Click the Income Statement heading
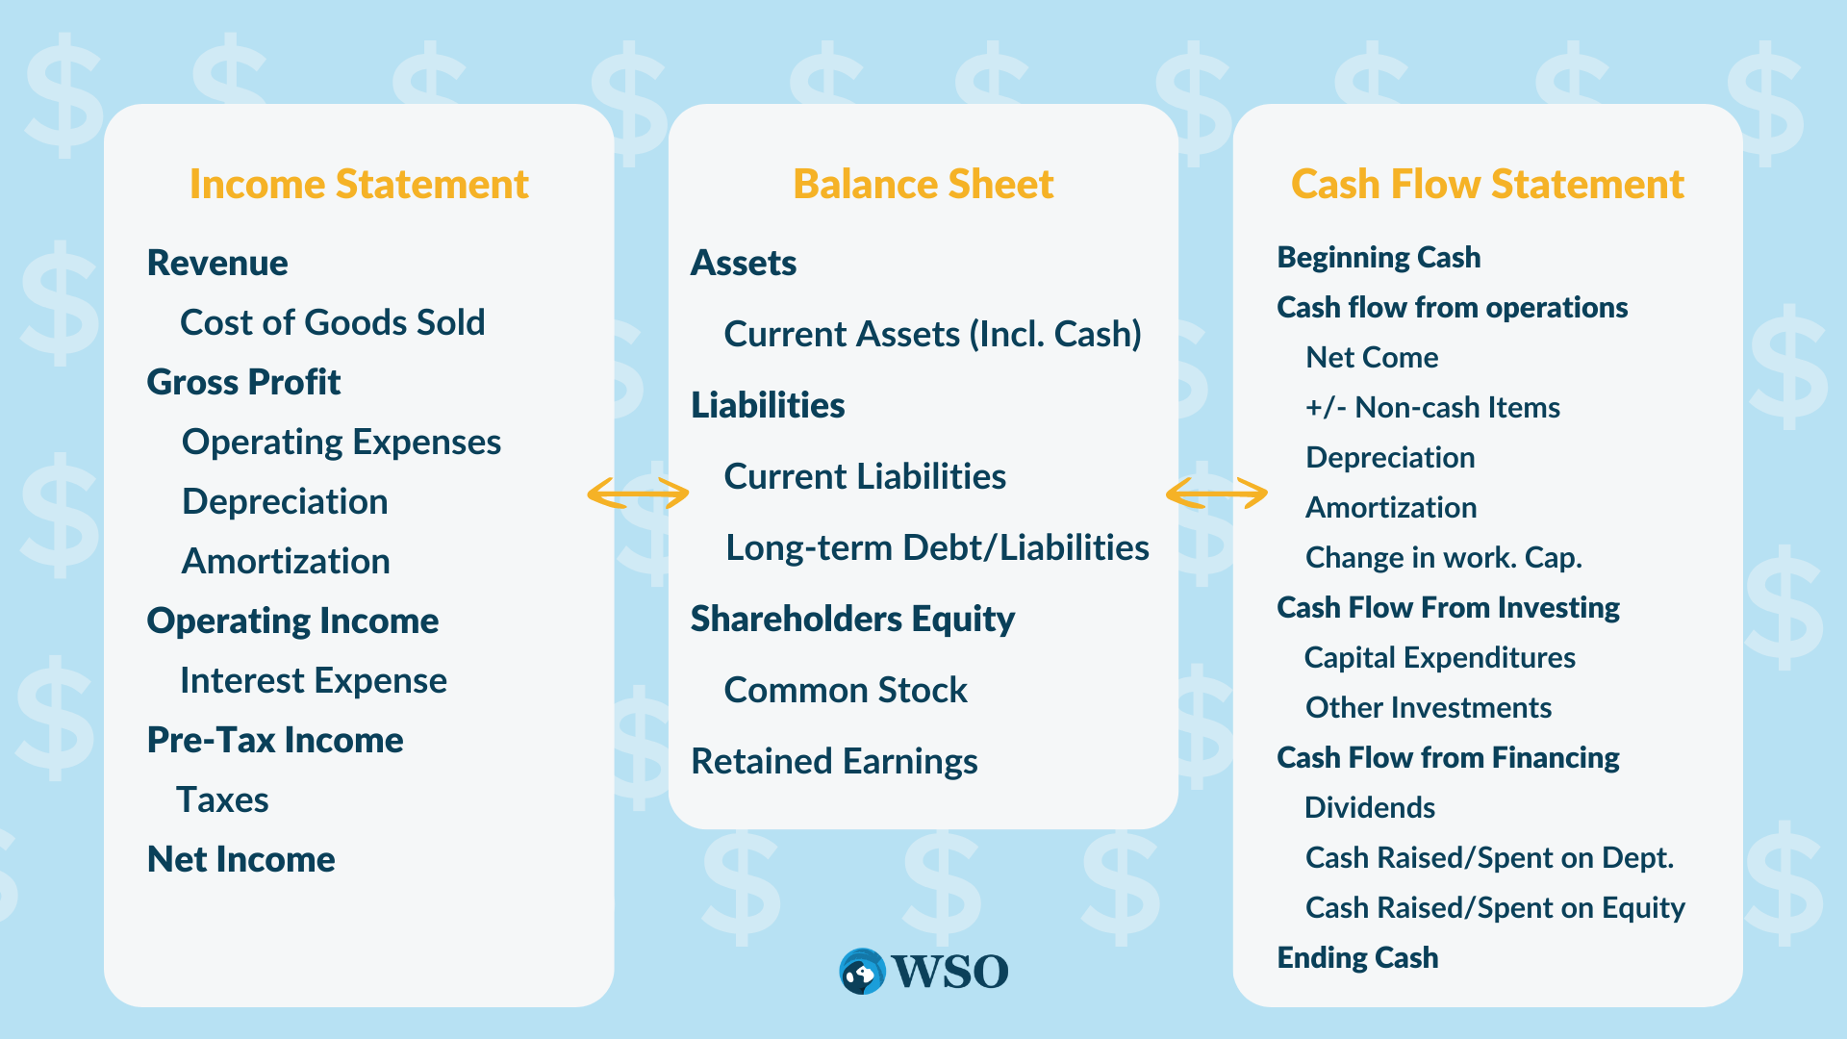tap(359, 184)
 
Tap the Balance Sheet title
tap(923, 184)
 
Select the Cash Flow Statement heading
tap(1487, 184)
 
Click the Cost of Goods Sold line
tap(332, 322)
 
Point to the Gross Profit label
tap(243, 382)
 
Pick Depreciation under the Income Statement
tap(285, 501)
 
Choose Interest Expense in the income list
tap(314, 680)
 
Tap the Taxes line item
tap(222, 799)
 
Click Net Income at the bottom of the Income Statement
tap(240, 859)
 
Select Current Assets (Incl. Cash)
tap(932, 334)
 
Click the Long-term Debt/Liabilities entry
tap(937, 547)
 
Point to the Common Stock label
tap(846, 690)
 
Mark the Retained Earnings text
tap(834, 761)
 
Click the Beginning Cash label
tap(1379, 257)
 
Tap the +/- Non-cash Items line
tap(1432, 407)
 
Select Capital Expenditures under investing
tap(1439, 657)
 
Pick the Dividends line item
tap(1370, 807)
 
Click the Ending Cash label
tap(1357, 957)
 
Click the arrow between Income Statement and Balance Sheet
tap(638, 494)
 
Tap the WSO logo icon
tap(862, 972)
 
